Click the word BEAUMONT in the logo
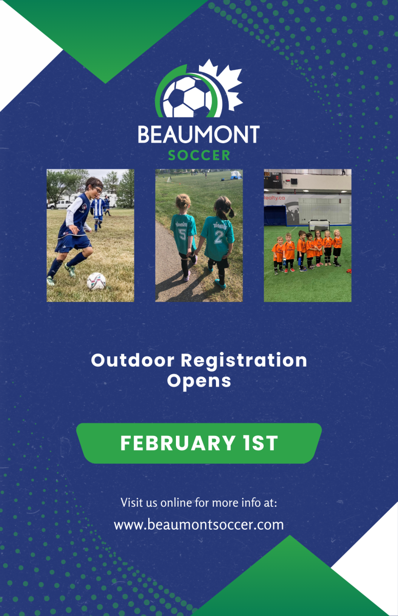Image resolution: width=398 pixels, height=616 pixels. tap(198, 134)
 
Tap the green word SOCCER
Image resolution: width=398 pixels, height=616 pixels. tap(199, 156)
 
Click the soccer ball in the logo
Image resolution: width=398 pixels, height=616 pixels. tap(188, 97)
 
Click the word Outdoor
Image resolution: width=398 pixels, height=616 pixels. tap(133, 360)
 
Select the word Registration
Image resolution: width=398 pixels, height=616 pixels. tap(244, 361)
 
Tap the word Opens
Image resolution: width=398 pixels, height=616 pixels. tap(199, 381)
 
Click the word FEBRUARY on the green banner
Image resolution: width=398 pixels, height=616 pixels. tap(177, 443)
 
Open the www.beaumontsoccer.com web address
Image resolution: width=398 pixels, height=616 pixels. tap(199, 525)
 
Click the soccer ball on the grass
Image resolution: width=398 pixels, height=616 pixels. tap(96, 281)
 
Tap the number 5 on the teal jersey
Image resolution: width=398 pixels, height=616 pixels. tap(182, 235)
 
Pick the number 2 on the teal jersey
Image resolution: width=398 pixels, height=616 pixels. tap(219, 238)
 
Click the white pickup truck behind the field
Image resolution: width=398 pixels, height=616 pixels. tap(59, 204)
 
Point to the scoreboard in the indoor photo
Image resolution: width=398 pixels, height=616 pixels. tap(273, 180)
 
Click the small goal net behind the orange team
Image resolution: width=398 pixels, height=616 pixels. tap(320, 225)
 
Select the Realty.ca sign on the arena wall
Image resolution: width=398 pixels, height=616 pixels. tap(274, 198)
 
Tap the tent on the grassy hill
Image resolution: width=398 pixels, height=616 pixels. tap(236, 175)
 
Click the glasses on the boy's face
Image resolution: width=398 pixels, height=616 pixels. tap(97, 189)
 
